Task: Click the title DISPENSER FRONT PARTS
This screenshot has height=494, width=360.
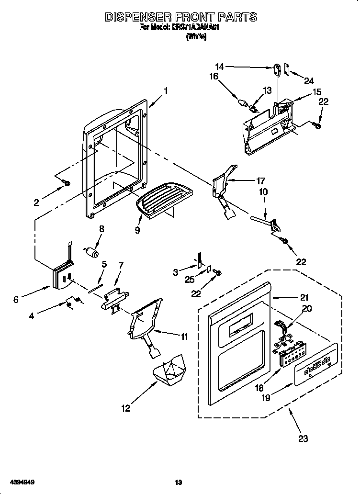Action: click(181, 17)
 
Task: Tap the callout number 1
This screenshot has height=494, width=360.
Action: click(166, 90)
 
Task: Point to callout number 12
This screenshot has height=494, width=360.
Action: click(125, 408)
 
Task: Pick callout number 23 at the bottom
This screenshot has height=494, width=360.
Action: click(303, 438)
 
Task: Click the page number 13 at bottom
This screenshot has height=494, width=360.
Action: click(179, 483)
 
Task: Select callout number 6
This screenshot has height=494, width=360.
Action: click(16, 300)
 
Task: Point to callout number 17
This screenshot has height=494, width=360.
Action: click(260, 181)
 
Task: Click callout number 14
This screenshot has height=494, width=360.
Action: click(219, 67)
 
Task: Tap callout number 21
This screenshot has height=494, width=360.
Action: click(304, 297)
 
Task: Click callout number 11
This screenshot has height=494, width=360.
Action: click(184, 336)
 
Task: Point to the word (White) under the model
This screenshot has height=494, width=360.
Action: click(196, 36)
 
